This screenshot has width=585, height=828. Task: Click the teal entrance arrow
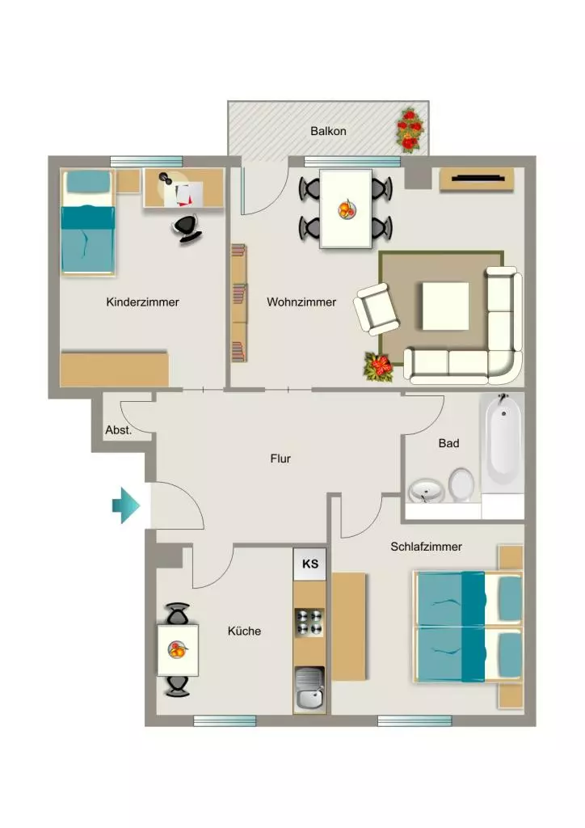[x=125, y=505]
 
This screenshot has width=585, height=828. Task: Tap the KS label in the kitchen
[x=310, y=564]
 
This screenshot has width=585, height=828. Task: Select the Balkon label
[x=328, y=131]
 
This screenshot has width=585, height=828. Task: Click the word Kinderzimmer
[x=142, y=302]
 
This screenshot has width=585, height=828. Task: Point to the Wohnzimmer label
[x=301, y=302]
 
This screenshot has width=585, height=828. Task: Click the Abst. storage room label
[x=118, y=430]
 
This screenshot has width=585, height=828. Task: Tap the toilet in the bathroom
[x=461, y=484]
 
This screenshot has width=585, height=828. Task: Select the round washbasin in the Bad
[x=426, y=491]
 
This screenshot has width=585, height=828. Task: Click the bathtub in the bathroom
[x=503, y=441]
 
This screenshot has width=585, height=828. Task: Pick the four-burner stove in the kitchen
[x=309, y=622]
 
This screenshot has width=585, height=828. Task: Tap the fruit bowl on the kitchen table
[x=178, y=649]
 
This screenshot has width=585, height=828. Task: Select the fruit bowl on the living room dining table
[x=347, y=209]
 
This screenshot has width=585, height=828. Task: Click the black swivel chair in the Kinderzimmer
[x=187, y=229]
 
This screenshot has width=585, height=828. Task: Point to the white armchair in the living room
[x=377, y=309]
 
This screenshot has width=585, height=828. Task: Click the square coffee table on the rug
[x=445, y=306]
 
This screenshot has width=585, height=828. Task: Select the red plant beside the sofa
[x=379, y=366]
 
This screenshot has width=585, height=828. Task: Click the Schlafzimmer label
[x=426, y=547]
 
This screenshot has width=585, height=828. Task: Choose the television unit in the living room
[x=477, y=180]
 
